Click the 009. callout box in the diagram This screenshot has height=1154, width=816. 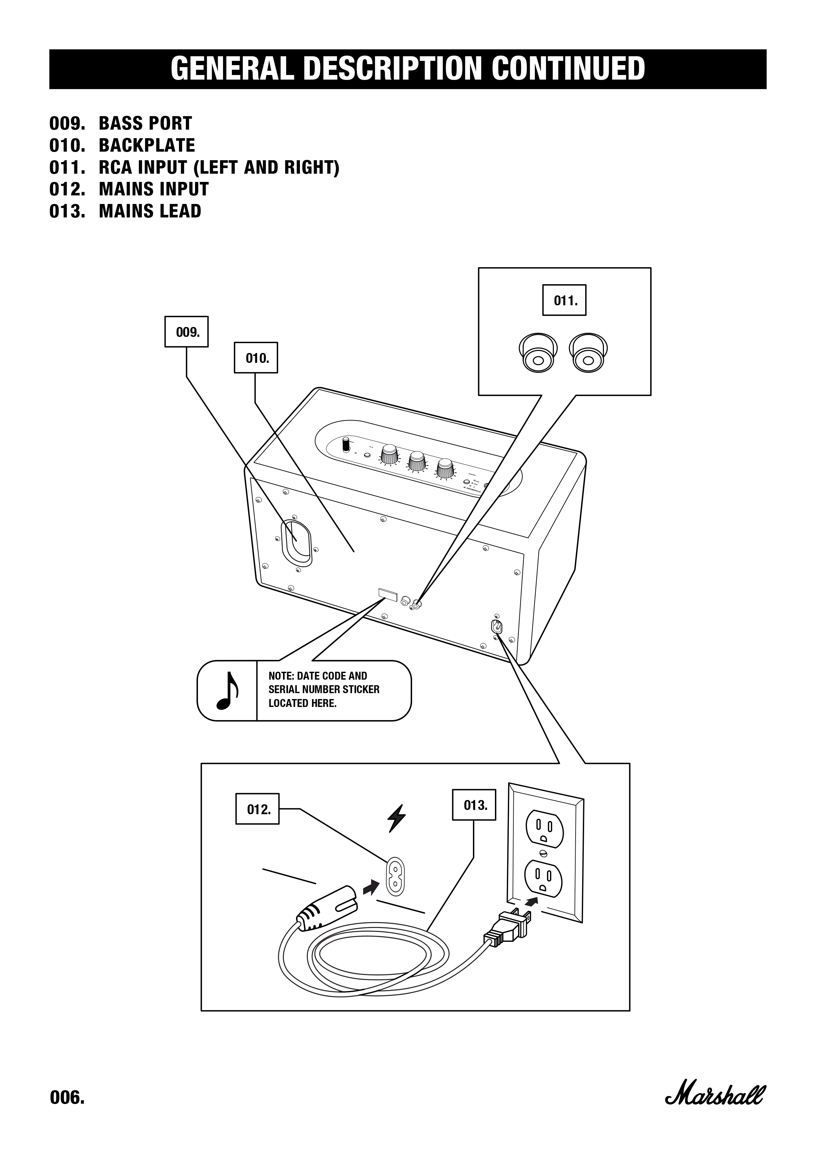[186, 332]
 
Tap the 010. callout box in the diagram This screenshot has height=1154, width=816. [256, 358]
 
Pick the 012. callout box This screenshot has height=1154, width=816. [257, 809]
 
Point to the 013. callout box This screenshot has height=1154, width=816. [474, 805]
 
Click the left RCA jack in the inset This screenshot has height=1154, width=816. [537, 353]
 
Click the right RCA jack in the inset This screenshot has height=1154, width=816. [588, 353]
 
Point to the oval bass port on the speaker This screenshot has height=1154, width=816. [296, 542]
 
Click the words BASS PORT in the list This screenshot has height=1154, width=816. [145, 123]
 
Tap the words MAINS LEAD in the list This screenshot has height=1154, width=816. [150, 211]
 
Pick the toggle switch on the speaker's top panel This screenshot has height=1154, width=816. [346, 444]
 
